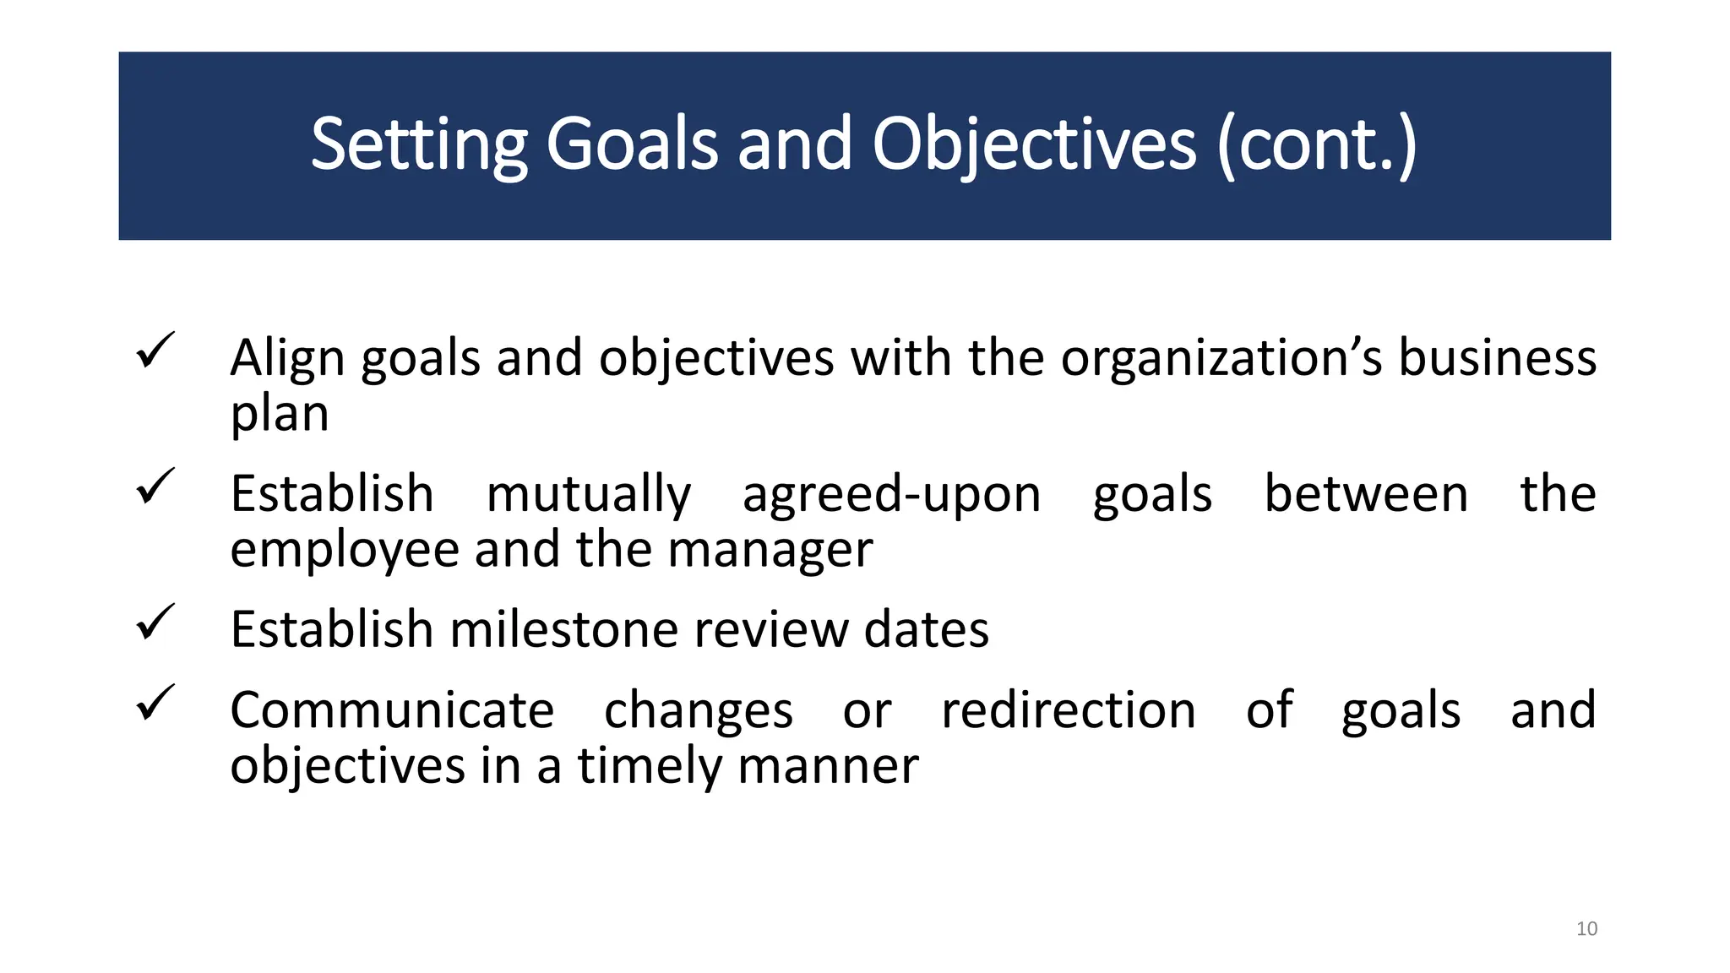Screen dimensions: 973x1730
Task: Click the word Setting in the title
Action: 419,145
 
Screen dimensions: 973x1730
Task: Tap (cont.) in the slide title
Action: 1317,145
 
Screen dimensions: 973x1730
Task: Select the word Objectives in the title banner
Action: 1034,145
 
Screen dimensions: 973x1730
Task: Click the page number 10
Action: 1586,929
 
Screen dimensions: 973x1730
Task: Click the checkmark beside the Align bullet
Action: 155,350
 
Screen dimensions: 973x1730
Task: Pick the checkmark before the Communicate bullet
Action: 155,703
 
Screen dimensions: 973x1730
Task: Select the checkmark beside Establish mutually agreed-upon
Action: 155,486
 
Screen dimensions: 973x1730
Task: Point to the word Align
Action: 287,358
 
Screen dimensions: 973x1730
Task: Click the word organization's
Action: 1221,358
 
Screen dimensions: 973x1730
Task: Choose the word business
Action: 1497,358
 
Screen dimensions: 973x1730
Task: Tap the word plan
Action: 280,414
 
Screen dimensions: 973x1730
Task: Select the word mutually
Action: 589,495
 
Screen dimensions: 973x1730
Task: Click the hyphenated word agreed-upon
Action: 891,495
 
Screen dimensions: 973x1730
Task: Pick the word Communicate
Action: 392,711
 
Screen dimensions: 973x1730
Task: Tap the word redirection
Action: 1069,711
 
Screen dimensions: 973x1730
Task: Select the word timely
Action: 650,767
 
